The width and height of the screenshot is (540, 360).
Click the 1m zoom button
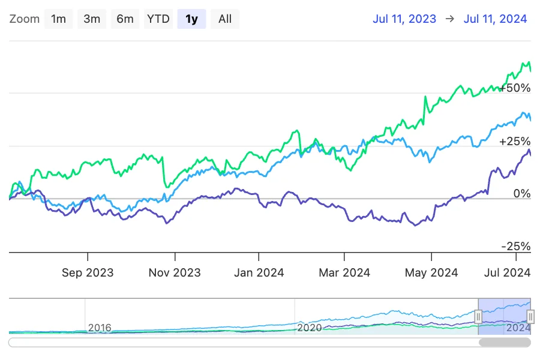pyautogui.click(x=58, y=19)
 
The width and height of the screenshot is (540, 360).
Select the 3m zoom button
pyautogui.click(x=92, y=19)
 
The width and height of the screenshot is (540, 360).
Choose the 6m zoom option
pyautogui.click(x=125, y=19)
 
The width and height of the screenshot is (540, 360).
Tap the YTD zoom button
pyautogui.click(x=158, y=19)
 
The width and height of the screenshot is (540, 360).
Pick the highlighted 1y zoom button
pyautogui.click(x=191, y=19)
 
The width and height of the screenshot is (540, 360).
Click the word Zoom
pyautogui.click(x=25, y=19)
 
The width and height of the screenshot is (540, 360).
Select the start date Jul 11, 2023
pyautogui.click(x=404, y=19)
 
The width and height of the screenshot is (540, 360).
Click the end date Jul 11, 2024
pyautogui.click(x=495, y=19)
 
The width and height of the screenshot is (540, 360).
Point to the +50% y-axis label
pyautogui.click(x=515, y=88)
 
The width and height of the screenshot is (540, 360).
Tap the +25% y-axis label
pyautogui.click(x=515, y=142)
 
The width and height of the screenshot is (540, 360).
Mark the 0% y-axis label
pyautogui.click(x=521, y=194)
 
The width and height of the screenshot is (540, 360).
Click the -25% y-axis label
pyautogui.click(x=516, y=247)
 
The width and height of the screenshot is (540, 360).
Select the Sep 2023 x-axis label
pyautogui.click(x=88, y=272)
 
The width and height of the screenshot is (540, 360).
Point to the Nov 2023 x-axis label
pyautogui.click(x=175, y=272)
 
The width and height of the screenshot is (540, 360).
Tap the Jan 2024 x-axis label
pyautogui.click(x=259, y=272)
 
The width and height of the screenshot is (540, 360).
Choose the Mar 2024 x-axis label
pyautogui.click(x=344, y=272)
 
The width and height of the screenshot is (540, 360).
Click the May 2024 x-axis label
pyautogui.click(x=431, y=272)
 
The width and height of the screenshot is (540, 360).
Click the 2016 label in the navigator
pyautogui.click(x=100, y=328)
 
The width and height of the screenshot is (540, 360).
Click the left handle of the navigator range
pyautogui.click(x=478, y=316)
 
